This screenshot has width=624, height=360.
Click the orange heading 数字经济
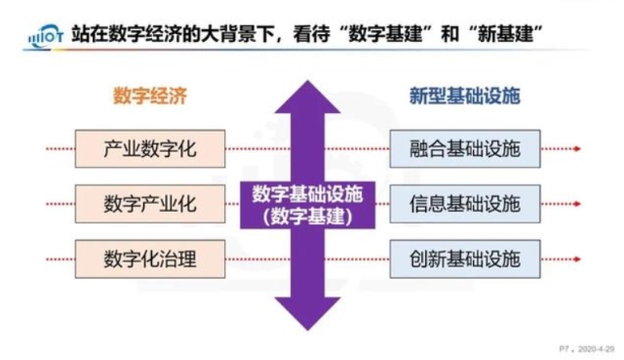coord(148,97)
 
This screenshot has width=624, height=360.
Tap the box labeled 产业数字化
coord(149,149)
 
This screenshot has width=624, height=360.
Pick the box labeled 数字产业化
coord(149,204)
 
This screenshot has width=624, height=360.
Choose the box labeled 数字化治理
coord(149,259)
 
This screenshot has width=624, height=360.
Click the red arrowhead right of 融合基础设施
coord(579,149)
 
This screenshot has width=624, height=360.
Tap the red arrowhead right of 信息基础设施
coord(579,204)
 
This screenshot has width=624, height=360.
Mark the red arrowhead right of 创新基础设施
coord(579,259)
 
